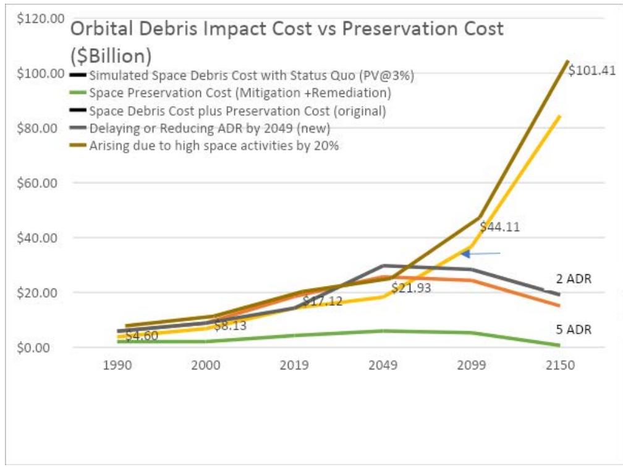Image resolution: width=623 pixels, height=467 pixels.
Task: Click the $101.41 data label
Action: click(591, 70)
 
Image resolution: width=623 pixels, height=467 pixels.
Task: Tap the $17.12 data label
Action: click(322, 301)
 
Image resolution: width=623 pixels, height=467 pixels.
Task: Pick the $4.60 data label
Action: click(142, 336)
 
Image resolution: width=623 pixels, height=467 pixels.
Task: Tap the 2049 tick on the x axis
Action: click(383, 365)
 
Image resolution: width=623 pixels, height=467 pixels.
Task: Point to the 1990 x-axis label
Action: click(118, 365)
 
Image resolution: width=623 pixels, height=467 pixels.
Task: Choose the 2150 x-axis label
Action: click(560, 365)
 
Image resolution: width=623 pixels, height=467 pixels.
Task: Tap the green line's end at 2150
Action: click(559, 345)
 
